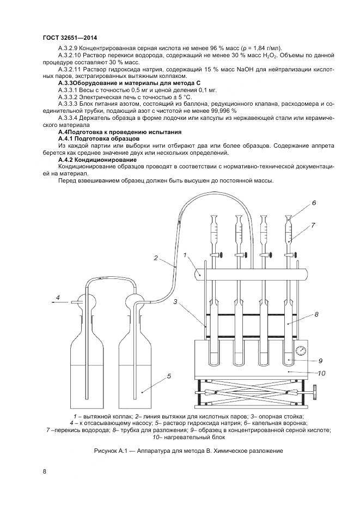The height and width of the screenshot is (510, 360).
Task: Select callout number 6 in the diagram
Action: [314, 203]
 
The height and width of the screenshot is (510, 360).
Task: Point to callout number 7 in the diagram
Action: [314, 224]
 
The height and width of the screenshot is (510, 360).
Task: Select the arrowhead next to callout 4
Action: [53, 299]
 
